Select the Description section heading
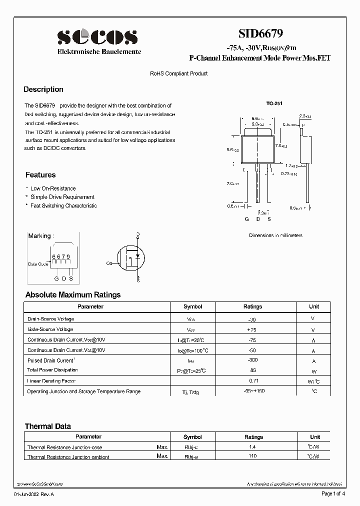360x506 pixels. click(x=43, y=89)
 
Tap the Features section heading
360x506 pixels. click(x=40, y=175)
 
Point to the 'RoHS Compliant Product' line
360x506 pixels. click(x=178, y=73)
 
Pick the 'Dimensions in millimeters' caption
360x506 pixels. click(x=275, y=235)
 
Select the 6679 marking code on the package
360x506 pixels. click(x=61, y=256)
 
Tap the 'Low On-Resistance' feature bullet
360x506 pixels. click(x=53, y=188)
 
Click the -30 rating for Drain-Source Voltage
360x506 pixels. click(x=252, y=318)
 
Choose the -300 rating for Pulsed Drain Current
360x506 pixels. click(x=252, y=360)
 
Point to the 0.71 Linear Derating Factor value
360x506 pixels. click(x=252, y=381)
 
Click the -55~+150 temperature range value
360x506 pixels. click(x=252, y=391)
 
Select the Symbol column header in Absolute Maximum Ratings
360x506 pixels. click(x=192, y=306)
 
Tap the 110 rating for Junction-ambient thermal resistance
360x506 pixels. click(x=252, y=456)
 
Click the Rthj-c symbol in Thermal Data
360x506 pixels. click(x=192, y=447)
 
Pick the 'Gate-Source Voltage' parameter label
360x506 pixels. click(x=50, y=329)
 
